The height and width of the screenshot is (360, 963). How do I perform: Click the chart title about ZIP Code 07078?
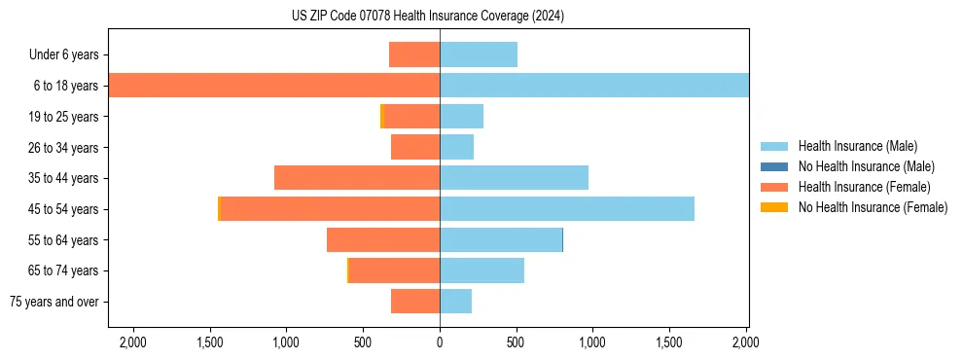[427, 17]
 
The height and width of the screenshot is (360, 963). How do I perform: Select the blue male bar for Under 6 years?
[478, 54]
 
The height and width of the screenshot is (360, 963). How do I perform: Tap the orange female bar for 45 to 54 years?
[330, 209]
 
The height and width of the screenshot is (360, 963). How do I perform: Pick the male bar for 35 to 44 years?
[514, 178]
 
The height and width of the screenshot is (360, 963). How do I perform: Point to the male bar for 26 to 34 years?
[456, 147]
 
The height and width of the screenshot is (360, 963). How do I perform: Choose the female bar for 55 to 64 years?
[383, 240]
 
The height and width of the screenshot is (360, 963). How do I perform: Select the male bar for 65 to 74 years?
[481, 270]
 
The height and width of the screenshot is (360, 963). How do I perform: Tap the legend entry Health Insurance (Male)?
[851, 146]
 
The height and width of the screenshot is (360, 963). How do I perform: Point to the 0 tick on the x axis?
[440, 342]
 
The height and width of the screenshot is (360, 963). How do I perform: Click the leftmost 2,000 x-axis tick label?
[132, 342]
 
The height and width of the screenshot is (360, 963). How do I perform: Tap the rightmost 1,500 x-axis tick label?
[669, 342]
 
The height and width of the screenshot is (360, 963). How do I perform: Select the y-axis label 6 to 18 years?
[66, 86]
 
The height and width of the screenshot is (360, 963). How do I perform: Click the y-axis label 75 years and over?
[54, 302]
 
